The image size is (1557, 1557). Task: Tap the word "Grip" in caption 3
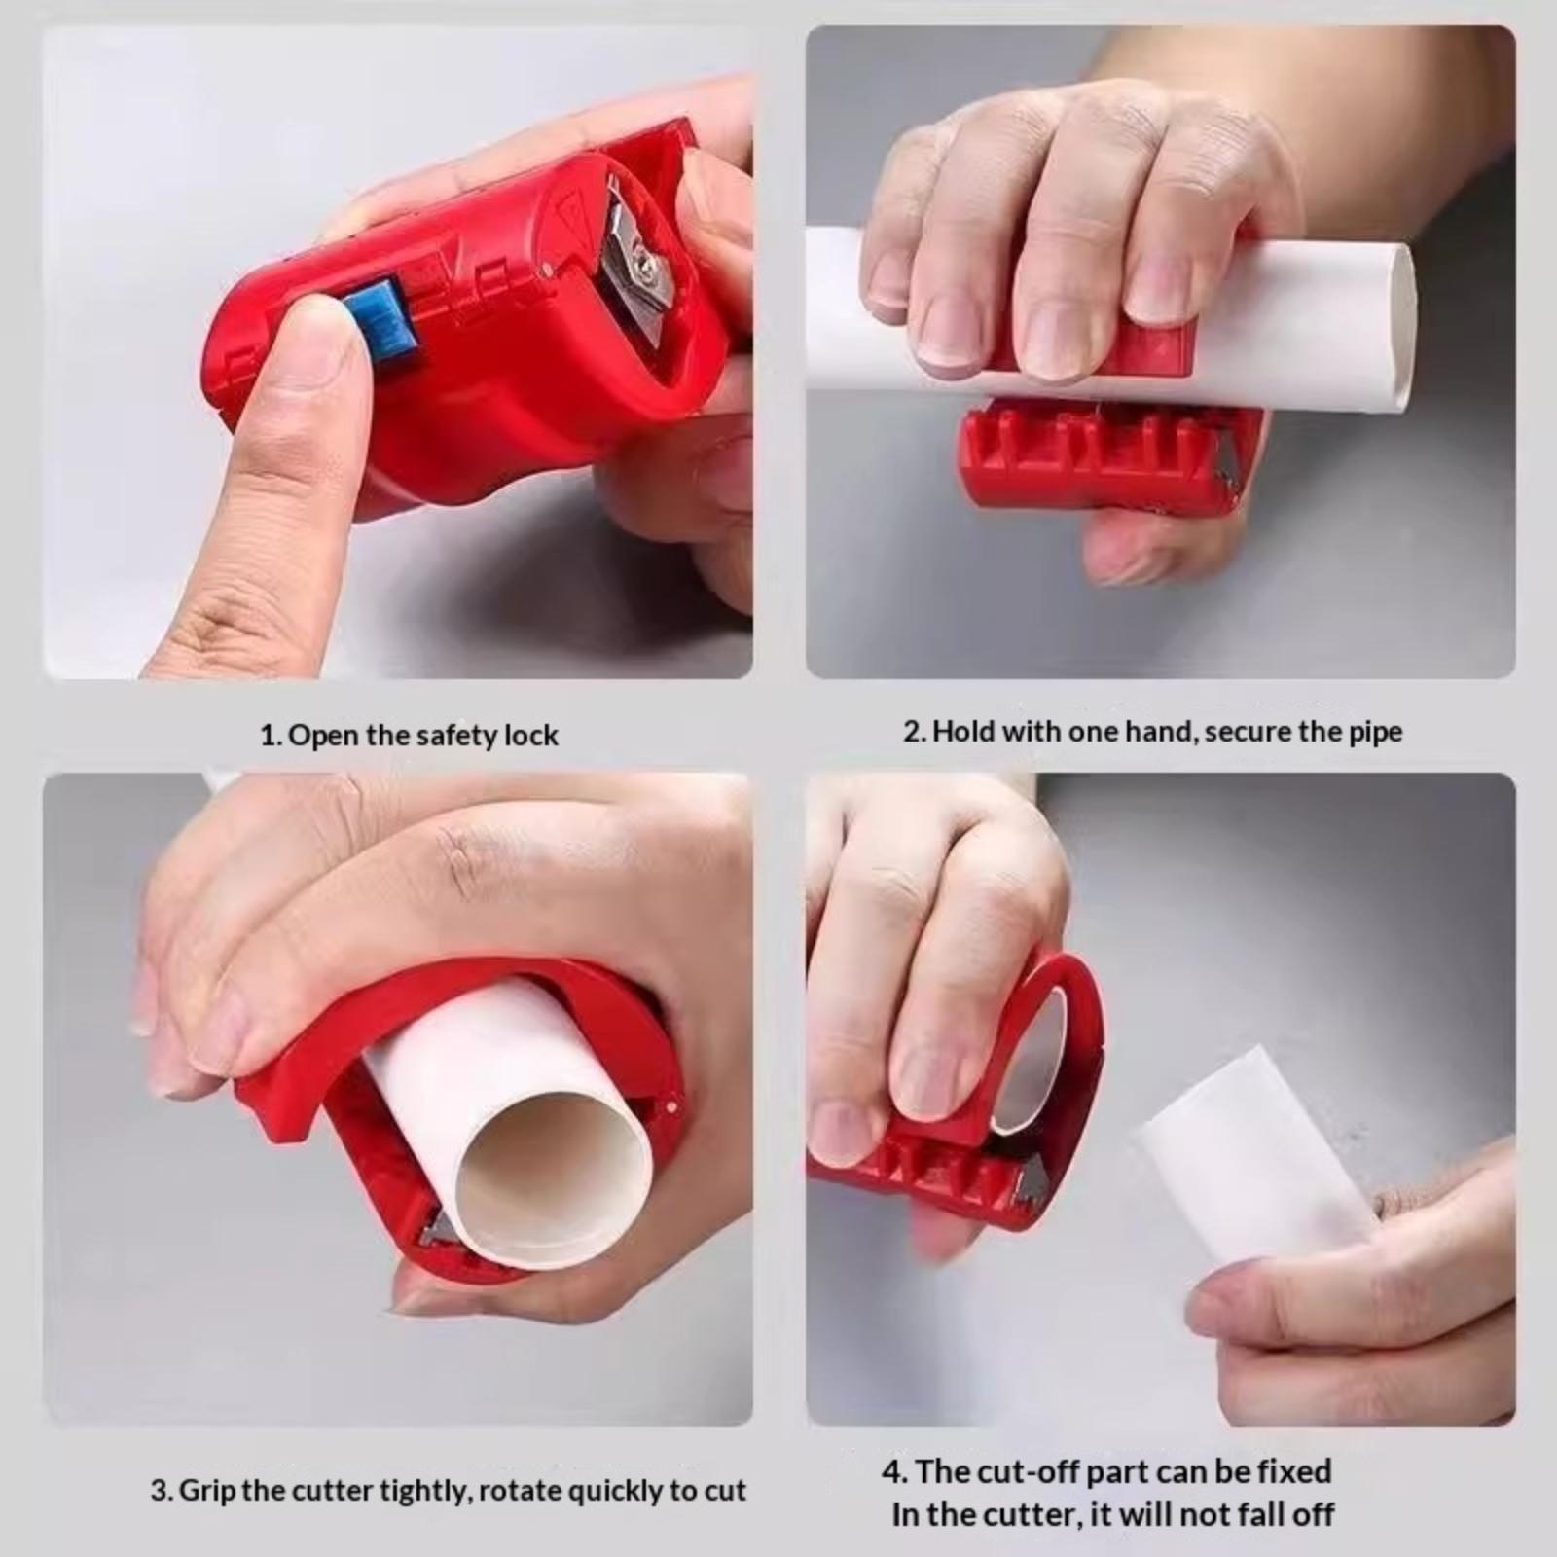point(206,1492)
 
